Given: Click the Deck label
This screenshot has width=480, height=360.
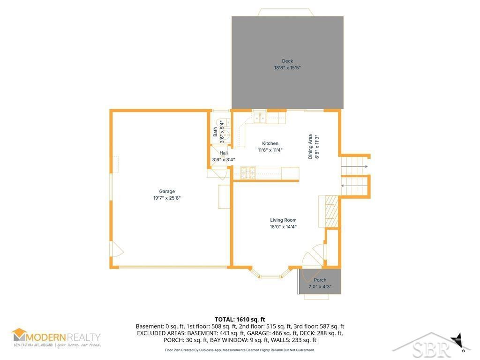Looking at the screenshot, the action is coord(287,61).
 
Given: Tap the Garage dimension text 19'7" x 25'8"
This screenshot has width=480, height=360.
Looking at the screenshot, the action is coord(167,198).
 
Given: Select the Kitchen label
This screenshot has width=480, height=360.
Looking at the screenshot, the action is coord(270,143).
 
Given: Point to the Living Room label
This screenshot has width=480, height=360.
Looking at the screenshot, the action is coord(283,220).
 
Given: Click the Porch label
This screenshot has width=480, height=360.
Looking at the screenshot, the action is coord(320,280).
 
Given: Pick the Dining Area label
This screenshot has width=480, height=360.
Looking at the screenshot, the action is coord(310,146).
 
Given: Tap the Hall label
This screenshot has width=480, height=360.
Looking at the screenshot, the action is coord(224,153).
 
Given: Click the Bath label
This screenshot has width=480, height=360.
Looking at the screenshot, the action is coord(215,132).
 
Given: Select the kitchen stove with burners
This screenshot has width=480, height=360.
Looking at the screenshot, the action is coord(247,173).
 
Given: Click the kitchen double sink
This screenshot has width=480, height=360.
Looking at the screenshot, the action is coord(260,118).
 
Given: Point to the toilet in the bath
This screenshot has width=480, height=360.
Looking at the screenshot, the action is coord(226,134).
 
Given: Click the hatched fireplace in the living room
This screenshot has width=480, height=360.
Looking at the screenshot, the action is coord(331,211).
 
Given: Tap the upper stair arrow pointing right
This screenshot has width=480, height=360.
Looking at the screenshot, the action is coord(354,166).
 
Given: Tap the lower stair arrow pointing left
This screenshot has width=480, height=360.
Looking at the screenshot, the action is coord(354,186).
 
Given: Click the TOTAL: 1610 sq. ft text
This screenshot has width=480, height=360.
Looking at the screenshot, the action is coord(240,320).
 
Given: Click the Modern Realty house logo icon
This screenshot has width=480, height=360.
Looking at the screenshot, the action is coord(19,334).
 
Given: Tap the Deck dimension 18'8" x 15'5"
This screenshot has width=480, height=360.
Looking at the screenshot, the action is coord(287,67).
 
